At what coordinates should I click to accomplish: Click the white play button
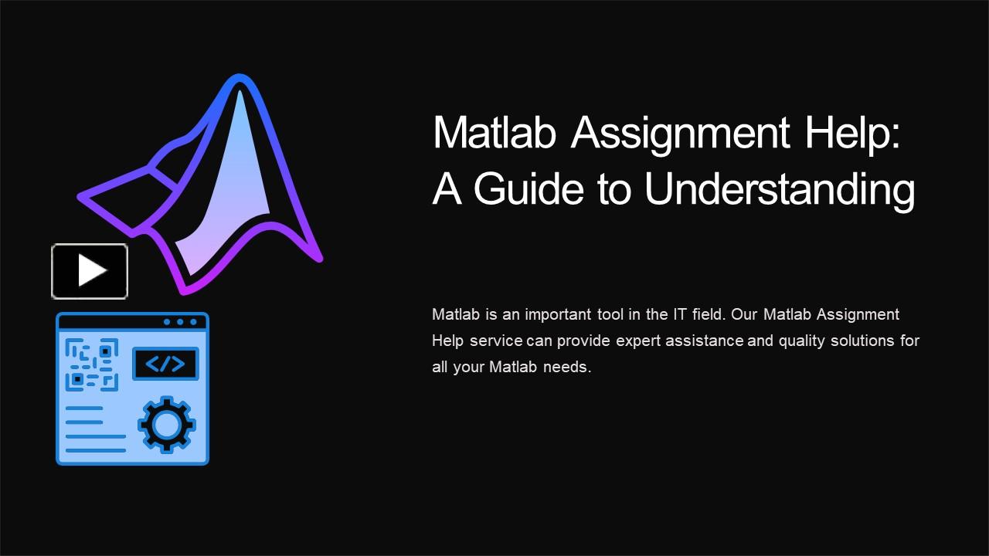pos(90,271)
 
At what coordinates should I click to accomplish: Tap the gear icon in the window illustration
pos(166,424)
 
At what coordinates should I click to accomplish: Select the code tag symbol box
pos(165,364)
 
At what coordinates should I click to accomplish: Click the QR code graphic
pos(92,364)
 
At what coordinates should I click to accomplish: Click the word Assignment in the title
pos(681,133)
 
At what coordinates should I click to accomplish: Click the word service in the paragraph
pos(496,341)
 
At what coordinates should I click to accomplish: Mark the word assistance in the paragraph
pos(705,341)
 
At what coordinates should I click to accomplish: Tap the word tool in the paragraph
pos(610,314)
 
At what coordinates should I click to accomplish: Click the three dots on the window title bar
pos(180,321)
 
